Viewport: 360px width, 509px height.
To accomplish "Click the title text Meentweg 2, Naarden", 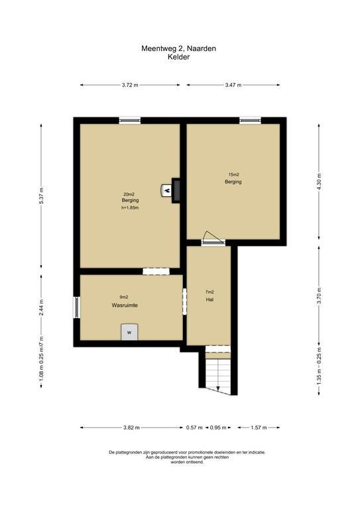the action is [x=178, y=48].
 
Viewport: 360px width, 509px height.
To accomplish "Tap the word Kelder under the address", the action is [x=178, y=57].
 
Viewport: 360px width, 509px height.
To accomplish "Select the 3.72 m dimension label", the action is [x=130, y=85].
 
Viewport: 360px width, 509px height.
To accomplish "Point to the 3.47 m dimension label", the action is [x=233, y=85].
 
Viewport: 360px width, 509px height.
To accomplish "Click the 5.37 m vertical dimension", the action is [x=41, y=196].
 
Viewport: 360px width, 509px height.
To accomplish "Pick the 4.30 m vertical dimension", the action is [x=319, y=182].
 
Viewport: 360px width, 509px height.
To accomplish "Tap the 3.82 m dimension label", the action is [x=131, y=427].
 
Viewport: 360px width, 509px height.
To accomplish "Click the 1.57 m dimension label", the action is [x=259, y=427].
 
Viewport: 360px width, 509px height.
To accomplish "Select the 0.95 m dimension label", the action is [x=218, y=427].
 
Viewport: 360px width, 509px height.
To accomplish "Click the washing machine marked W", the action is [x=129, y=332].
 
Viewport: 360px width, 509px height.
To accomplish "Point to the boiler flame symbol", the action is [x=167, y=190].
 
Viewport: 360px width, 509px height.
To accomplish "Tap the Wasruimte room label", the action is [x=125, y=305].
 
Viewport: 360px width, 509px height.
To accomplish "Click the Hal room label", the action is [x=210, y=300].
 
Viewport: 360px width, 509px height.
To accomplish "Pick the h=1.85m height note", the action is [x=130, y=207].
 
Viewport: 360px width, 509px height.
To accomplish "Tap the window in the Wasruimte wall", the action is [x=77, y=308].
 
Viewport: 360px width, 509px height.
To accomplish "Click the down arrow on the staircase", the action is [x=218, y=388].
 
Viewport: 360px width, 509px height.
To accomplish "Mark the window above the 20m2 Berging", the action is [x=130, y=121].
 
